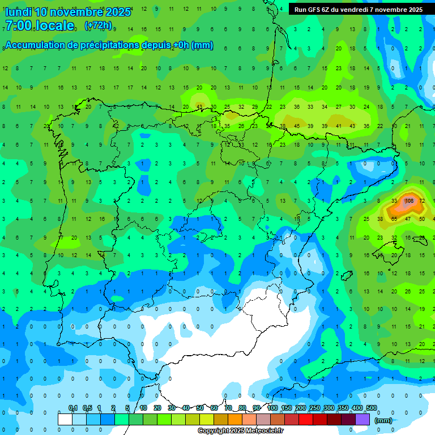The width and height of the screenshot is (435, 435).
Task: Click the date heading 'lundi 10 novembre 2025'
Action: click(x=67, y=12)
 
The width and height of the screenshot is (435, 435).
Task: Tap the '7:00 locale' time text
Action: click(x=39, y=25)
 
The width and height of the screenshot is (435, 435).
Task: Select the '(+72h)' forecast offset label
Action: click(x=98, y=25)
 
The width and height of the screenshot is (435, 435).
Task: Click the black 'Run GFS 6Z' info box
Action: click(x=358, y=10)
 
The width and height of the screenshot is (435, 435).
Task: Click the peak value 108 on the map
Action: click(x=409, y=201)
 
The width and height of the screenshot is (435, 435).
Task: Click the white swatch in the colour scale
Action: click(x=65, y=419)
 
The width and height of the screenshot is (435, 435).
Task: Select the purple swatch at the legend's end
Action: click(x=362, y=419)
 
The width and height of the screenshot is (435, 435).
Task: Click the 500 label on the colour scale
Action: click(x=371, y=408)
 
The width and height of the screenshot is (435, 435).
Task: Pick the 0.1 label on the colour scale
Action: click(x=73, y=408)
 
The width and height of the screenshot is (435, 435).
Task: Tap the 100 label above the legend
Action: click(x=272, y=408)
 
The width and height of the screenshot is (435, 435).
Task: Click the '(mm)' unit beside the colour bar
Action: click(x=383, y=420)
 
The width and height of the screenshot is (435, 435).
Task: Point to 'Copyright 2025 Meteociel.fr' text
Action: click(x=241, y=431)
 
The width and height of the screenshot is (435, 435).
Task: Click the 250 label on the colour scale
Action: click(x=314, y=408)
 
